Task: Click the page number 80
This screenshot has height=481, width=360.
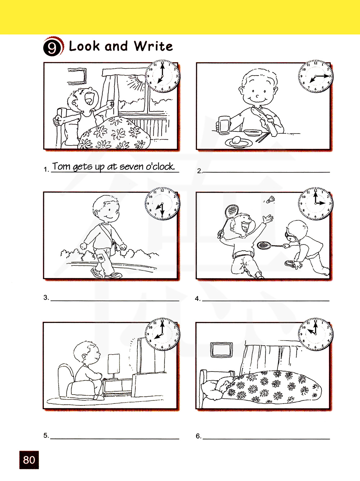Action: pos(29,460)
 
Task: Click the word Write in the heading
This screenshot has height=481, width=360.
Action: pos(153,46)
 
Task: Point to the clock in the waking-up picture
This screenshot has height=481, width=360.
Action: pos(162,76)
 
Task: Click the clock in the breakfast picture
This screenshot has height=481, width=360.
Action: pos(315,76)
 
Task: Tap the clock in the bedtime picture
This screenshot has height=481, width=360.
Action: pos(315,334)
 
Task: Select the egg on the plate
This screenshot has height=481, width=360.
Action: pos(237,140)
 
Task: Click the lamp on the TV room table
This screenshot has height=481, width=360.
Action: pos(114,366)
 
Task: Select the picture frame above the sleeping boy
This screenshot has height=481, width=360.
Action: pos(221,350)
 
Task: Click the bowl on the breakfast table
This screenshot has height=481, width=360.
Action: pos(253,132)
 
